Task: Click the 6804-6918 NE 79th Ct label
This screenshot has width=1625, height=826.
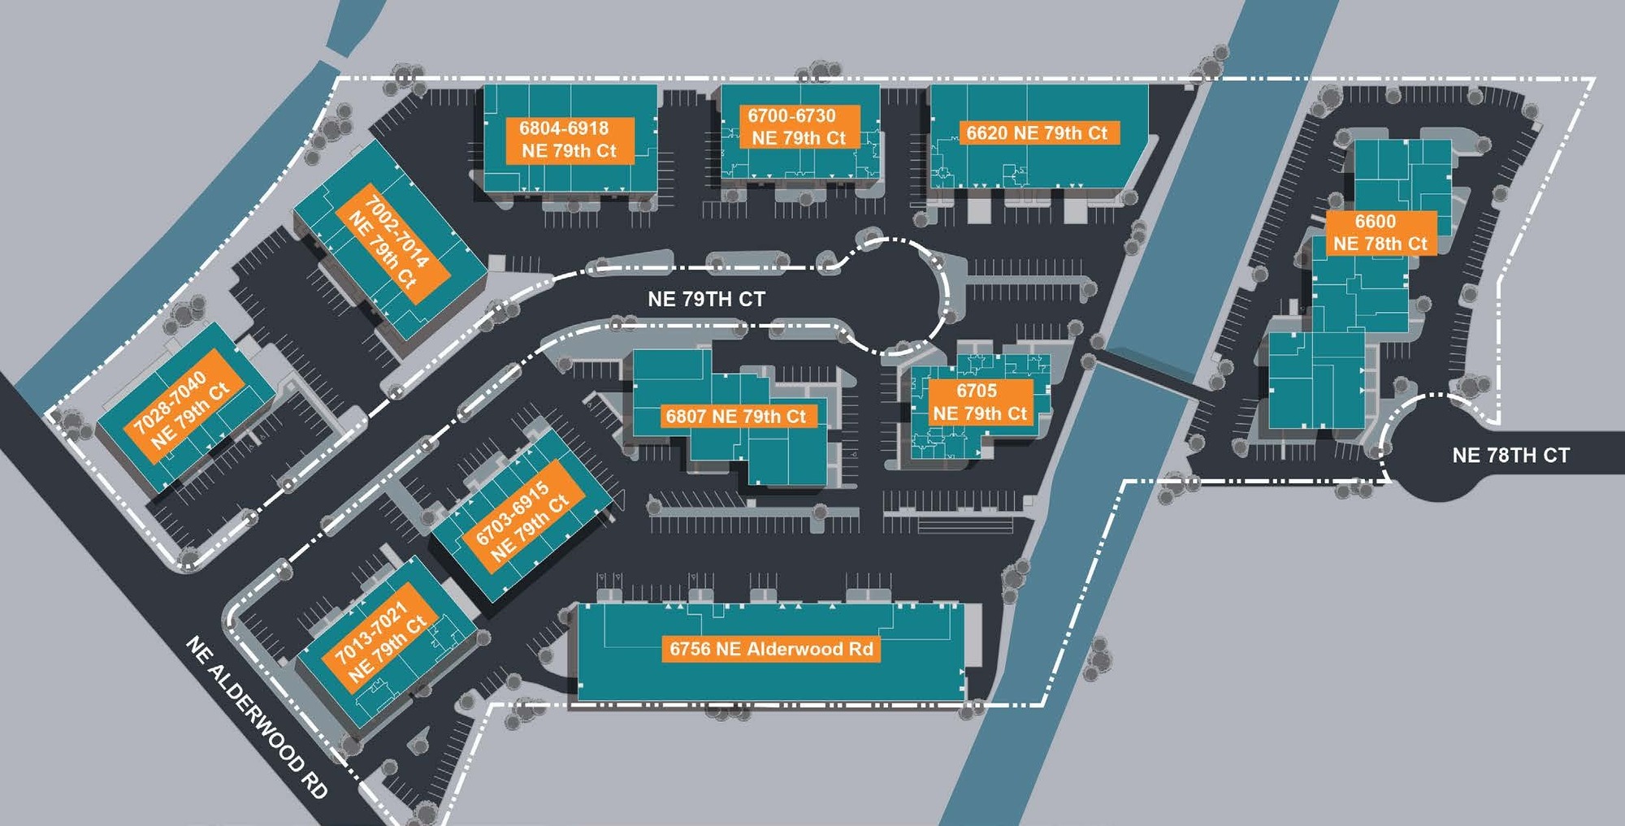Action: (569, 140)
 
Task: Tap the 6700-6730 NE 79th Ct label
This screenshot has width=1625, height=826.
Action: (798, 128)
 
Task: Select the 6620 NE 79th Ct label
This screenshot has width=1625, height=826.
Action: (1037, 133)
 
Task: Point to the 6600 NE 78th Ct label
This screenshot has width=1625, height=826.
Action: (1379, 232)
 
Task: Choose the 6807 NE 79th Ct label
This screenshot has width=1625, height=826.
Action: (735, 417)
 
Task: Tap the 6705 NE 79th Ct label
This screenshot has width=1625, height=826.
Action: (979, 402)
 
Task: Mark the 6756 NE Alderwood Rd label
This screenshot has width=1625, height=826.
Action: (770, 649)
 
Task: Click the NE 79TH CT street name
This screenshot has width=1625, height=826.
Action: (706, 300)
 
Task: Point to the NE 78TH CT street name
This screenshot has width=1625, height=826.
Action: (1510, 456)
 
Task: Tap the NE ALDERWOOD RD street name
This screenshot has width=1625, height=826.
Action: (257, 717)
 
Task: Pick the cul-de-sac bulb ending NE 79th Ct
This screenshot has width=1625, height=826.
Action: (894, 296)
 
